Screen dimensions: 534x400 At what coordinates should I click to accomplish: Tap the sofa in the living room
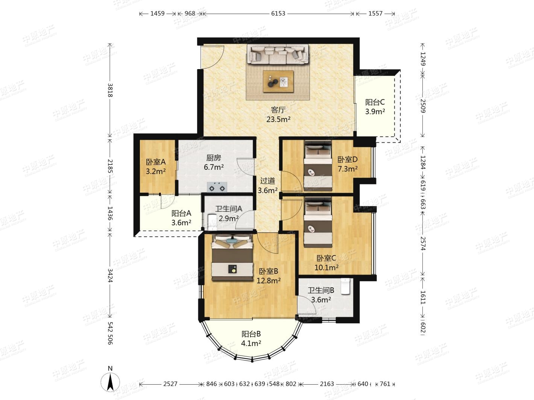click(278, 54)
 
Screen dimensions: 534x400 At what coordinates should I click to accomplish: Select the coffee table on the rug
click(278, 82)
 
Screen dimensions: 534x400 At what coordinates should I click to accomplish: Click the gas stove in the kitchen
click(217, 187)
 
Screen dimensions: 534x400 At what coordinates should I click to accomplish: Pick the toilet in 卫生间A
click(212, 222)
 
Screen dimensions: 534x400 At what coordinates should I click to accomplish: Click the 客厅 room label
click(278, 110)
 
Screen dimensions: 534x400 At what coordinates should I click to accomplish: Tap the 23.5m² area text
click(278, 119)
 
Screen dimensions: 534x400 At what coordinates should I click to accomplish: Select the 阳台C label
click(375, 102)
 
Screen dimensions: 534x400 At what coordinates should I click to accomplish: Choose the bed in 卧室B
click(232, 258)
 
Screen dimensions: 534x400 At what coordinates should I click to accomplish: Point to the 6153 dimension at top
click(278, 14)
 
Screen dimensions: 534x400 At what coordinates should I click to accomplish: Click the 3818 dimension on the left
click(110, 91)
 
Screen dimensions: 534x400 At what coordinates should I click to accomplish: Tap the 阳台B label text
click(251, 334)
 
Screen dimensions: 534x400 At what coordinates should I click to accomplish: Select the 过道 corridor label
click(268, 181)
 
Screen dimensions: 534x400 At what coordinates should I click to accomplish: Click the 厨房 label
click(214, 158)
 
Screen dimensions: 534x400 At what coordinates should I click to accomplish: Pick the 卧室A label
click(156, 162)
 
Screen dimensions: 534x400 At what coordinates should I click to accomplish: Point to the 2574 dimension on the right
click(423, 244)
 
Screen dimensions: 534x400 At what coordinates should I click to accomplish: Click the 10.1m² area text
click(326, 268)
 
